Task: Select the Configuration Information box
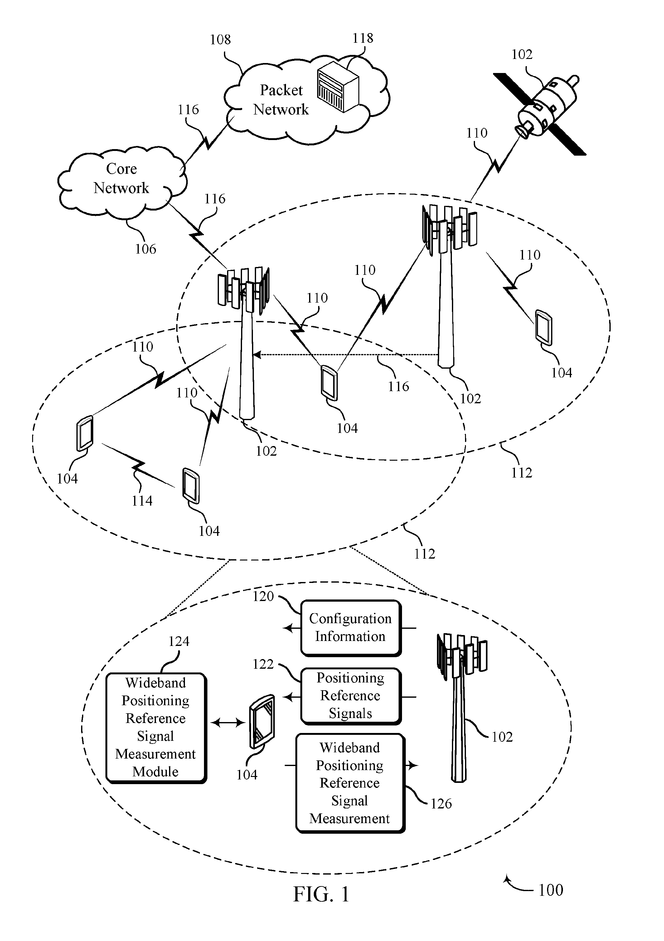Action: point(351,628)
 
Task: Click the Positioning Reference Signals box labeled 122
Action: point(351,696)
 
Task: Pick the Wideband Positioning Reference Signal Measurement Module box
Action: point(156,727)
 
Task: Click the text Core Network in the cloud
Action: point(121,178)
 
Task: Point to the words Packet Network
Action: point(281,99)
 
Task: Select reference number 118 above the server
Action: point(363,38)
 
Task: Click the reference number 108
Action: point(220,40)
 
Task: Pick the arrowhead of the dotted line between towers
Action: point(257,355)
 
